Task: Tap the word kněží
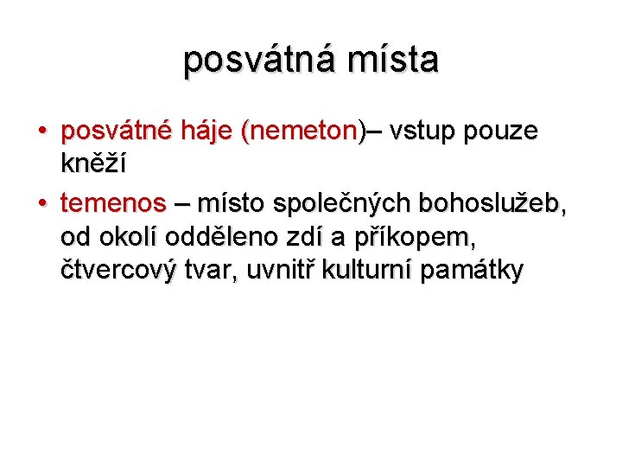click(93, 163)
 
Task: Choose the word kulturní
click(369, 271)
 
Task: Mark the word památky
click(472, 271)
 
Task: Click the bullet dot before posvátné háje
click(42, 132)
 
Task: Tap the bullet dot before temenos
click(42, 204)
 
